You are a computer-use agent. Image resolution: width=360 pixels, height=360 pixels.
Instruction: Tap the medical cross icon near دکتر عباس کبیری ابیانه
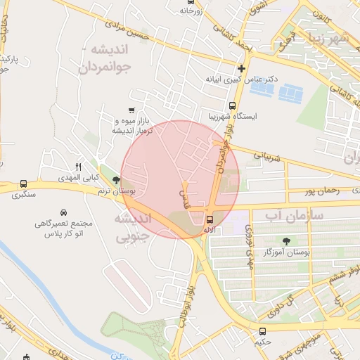pos(242,69)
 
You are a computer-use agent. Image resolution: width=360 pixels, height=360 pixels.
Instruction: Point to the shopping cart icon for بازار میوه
pos(132,110)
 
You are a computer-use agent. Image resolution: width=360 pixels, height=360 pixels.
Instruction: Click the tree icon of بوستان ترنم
pos(116,181)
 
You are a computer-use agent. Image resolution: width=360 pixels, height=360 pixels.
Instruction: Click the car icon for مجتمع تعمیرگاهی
pos(63,212)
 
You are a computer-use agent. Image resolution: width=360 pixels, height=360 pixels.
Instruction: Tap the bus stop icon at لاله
pos(210,219)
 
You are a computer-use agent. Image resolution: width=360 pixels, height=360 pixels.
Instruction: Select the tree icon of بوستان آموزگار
pos(287,240)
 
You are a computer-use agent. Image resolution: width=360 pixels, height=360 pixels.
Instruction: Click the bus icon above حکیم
pos(262,332)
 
